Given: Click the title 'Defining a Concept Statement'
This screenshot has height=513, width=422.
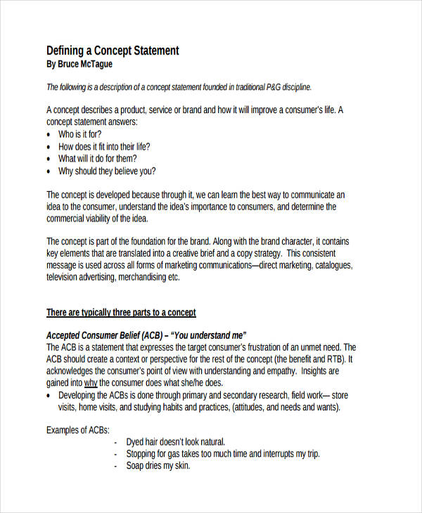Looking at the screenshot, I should [113, 51].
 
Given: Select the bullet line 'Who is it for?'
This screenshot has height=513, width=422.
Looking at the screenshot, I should [79, 134].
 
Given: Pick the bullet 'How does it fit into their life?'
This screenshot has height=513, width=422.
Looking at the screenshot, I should [104, 147].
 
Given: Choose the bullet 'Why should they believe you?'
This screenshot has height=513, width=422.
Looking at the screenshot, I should [107, 171].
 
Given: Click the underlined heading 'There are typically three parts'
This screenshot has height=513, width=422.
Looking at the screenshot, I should [121, 312].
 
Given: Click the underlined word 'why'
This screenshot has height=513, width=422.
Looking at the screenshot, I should [91, 383].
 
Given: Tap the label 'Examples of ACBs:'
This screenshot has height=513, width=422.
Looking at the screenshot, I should [77, 429].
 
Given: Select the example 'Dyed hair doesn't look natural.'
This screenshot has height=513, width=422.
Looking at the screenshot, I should [175, 442].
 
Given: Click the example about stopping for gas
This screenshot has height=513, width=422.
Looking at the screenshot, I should [222, 454].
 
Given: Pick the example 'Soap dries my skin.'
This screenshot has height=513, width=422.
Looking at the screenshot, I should [158, 466].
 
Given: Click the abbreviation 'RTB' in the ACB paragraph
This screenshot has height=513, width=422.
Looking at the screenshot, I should [338, 359].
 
